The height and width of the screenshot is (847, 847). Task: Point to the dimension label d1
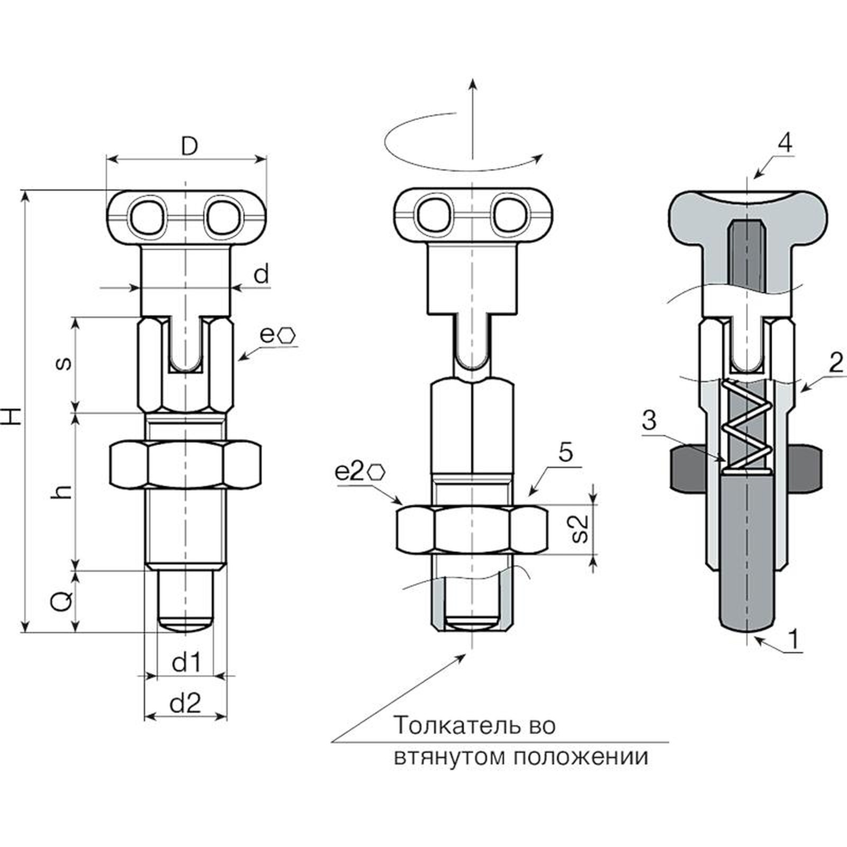[x=186, y=662]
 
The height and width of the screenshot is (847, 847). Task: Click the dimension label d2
[x=185, y=704]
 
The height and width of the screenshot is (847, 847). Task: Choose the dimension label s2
[x=581, y=528]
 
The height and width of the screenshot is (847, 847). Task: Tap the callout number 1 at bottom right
[x=794, y=639]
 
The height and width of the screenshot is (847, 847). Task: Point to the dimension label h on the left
[x=64, y=491]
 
